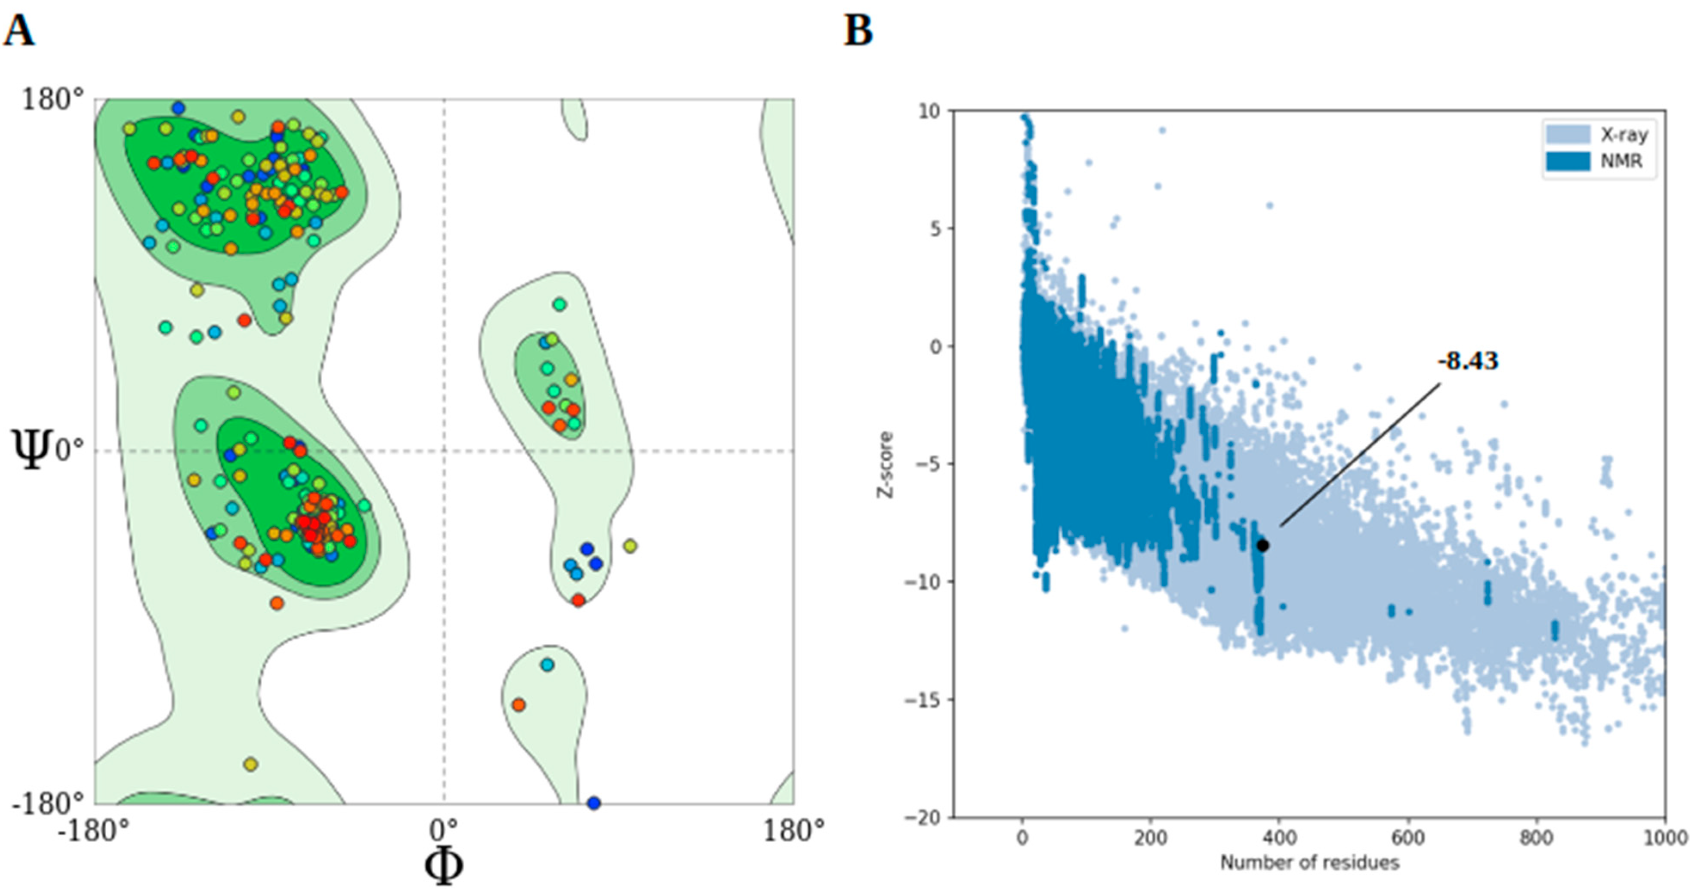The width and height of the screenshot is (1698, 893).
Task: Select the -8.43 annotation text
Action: point(1467,361)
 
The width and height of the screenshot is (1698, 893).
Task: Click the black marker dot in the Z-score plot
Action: point(1262,545)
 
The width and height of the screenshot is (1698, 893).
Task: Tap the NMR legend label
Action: point(1621,161)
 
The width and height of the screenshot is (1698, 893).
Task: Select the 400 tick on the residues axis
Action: point(1279,839)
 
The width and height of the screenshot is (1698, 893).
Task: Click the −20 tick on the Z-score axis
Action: point(926,817)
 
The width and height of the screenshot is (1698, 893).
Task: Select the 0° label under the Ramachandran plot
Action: point(444,830)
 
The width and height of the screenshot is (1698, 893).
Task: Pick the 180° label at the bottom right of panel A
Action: point(793,830)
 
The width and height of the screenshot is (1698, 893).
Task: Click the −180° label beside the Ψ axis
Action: point(48,803)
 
